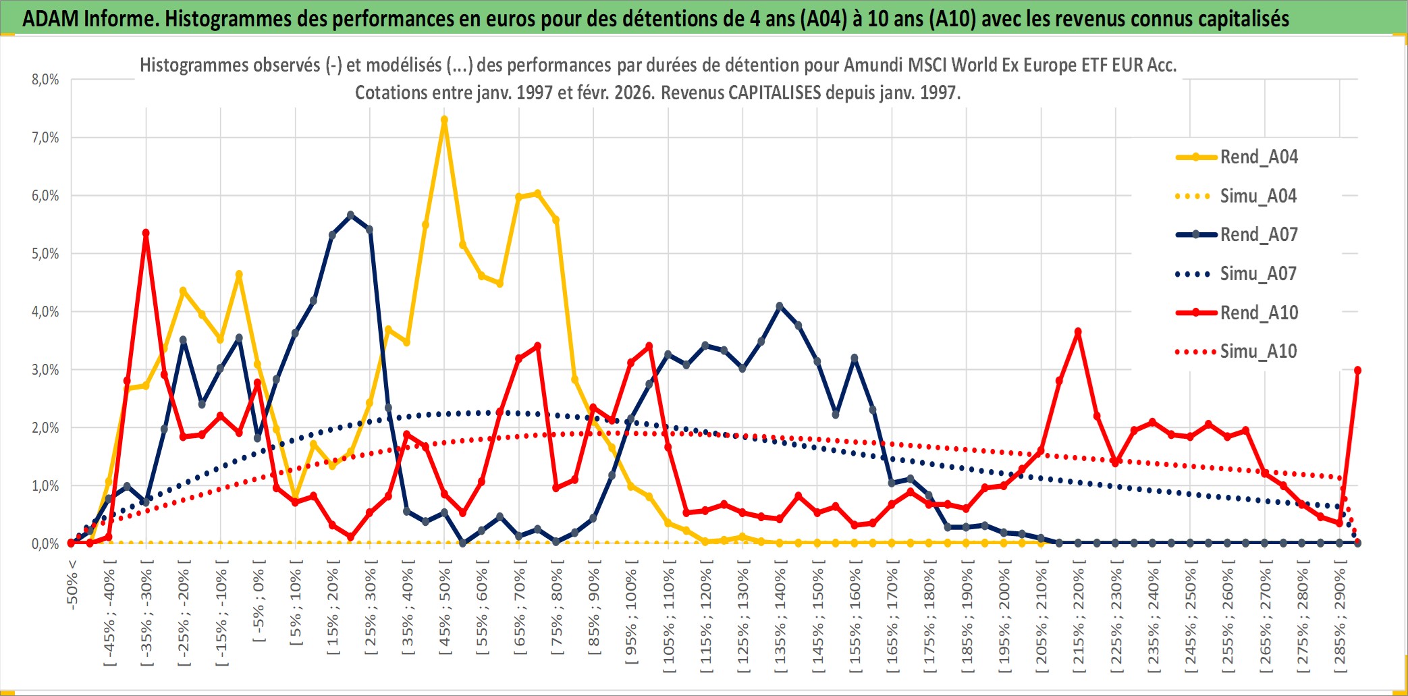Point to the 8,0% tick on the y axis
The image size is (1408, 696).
tap(45, 80)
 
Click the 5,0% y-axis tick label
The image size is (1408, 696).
tap(45, 254)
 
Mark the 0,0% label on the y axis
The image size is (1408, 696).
tap(45, 544)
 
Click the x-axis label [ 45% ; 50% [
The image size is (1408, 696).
tap(445, 612)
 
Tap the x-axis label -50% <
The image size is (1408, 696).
tap(73, 585)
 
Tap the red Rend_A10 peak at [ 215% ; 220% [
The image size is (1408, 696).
tap(1078, 331)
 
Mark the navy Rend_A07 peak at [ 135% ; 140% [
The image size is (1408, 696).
tap(780, 306)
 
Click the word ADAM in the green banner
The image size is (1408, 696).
tap(51, 18)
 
